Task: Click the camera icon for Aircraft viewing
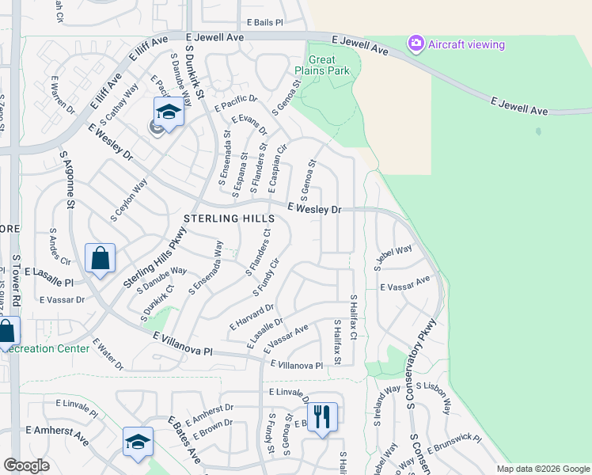tap(416, 44)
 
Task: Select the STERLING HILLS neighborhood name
tap(229, 218)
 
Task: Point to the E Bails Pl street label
tap(264, 23)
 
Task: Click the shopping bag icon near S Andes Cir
tap(100, 258)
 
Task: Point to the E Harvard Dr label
tap(252, 317)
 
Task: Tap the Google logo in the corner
tap(26, 465)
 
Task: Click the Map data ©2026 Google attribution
tap(542, 469)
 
